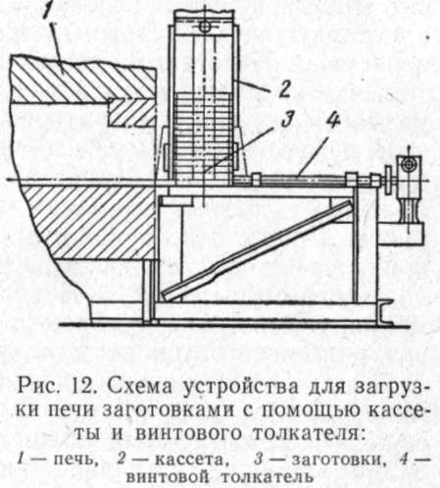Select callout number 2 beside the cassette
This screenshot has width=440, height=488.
click(283, 88)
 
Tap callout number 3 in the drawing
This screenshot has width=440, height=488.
click(287, 120)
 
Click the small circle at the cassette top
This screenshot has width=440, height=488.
click(205, 27)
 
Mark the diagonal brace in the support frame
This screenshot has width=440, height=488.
click(258, 250)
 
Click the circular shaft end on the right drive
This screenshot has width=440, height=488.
click(408, 164)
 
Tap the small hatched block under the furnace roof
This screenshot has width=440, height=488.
click(132, 112)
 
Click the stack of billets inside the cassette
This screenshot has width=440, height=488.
click(203, 136)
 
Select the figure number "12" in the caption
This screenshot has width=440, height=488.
click(84, 387)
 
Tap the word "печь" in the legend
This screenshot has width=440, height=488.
click(75, 460)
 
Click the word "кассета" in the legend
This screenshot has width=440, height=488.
click(190, 460)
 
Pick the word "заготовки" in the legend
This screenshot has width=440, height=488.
click(337, 460)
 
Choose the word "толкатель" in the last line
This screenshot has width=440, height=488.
click(268, 477)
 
